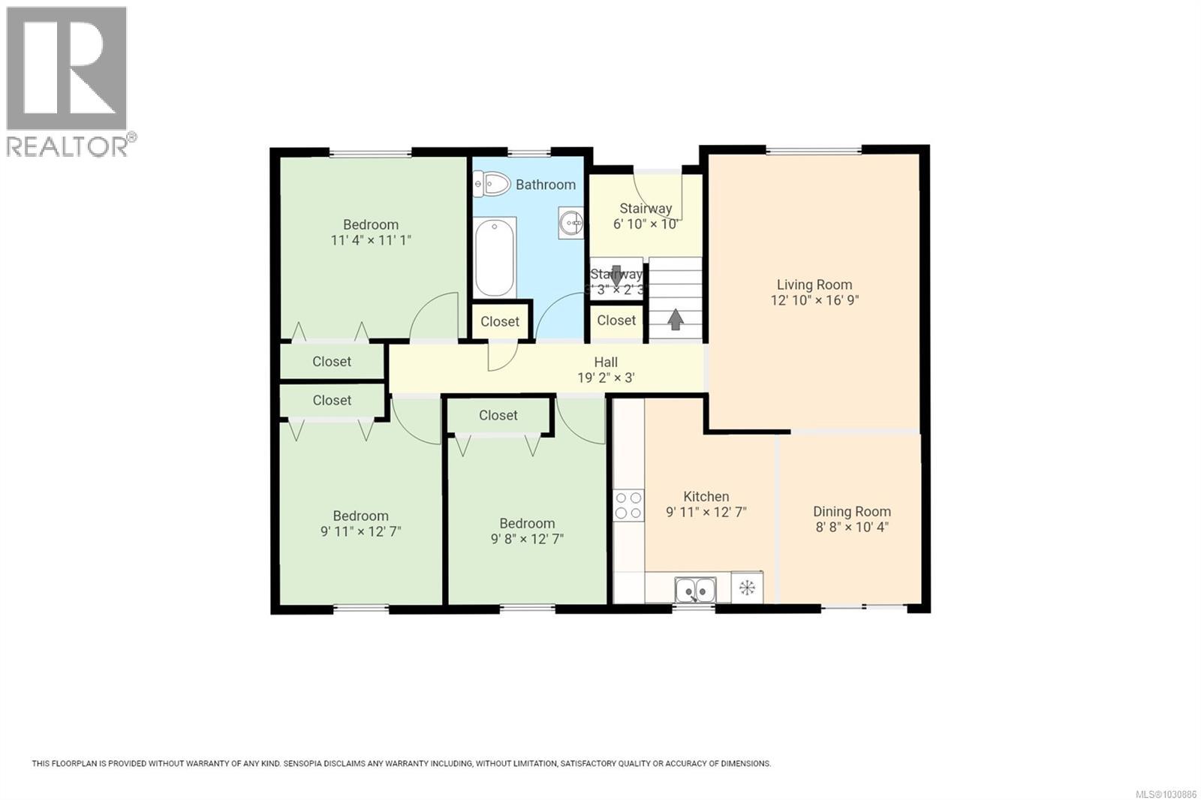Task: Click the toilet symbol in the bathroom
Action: click(492, 183)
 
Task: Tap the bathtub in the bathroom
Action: click(495, 257)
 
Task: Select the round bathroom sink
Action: click(571, 223)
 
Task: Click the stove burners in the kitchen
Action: click(628, 505)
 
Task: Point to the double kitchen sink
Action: click(695, 590)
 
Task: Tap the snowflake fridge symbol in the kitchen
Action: click(747, 588)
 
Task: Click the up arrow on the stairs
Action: click(676, 320)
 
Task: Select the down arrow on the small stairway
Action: click(616, 277)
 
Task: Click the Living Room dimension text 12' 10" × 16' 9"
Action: click(814, 300)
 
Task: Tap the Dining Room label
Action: click(852, 512)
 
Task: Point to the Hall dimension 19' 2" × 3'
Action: click(606, 377)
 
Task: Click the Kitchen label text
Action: click(706, 497)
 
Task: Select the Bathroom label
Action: click(546, 185)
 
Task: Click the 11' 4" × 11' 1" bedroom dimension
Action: click(371, 240)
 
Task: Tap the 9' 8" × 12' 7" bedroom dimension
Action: click(527, 539)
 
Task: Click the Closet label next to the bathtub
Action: click(500, 321)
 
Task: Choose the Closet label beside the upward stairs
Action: click(616, 320)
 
